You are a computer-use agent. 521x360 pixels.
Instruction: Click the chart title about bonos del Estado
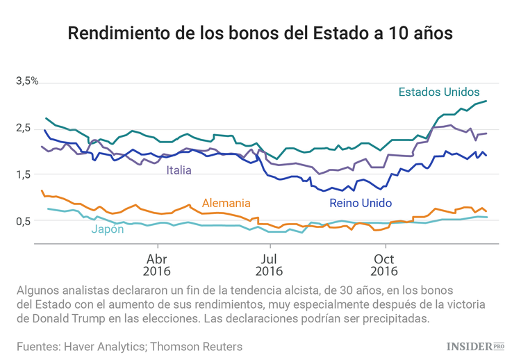coord(260,33)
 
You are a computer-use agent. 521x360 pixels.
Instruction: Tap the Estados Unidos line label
coord(438,92)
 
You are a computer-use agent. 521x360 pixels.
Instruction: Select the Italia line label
coord(179,170)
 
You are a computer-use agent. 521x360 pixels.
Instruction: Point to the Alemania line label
coord(226,203)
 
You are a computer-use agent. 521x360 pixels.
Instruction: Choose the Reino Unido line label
coord(360,203)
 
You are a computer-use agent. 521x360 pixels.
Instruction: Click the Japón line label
coord(107,229)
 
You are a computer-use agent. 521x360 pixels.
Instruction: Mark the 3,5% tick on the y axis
coord(27,81)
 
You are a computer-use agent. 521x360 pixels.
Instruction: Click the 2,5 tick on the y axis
coord(27,128)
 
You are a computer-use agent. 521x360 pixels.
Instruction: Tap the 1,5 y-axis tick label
coord(27,174)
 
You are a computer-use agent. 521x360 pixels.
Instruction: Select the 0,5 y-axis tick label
coord(27,221)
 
